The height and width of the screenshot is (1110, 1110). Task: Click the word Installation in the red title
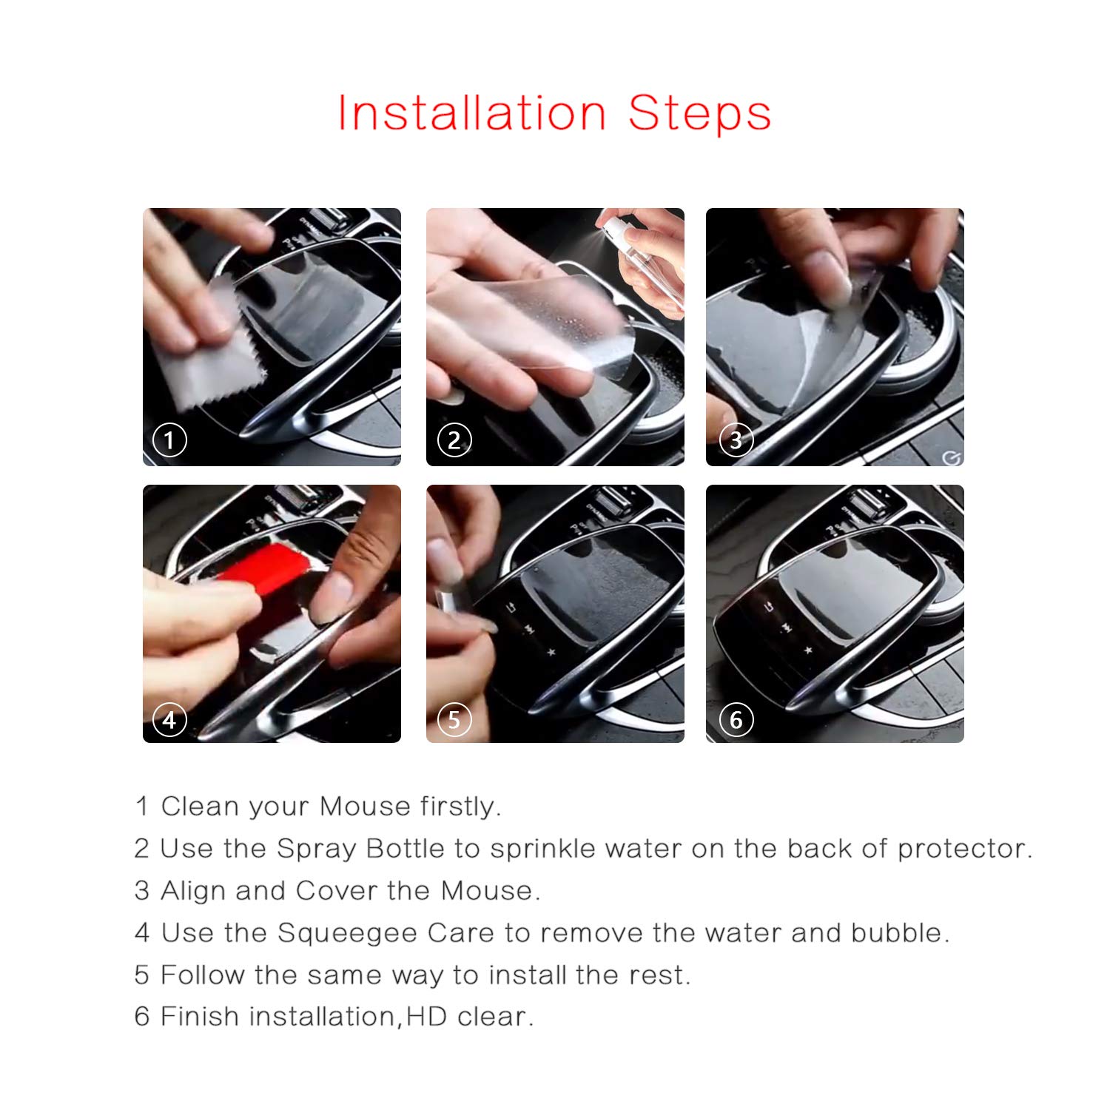coord(472,113)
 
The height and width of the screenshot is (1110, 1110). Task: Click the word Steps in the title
coord(700,115)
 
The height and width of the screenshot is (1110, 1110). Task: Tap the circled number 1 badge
coord(169,440)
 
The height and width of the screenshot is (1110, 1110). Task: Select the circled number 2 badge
coord(454,440)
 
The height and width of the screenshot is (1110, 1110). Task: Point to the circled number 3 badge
coord(736,440)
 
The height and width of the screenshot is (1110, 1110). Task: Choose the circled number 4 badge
coord(169,719)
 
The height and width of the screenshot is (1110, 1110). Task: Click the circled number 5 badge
coord(454,719)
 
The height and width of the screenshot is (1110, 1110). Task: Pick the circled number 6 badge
coord(736,719)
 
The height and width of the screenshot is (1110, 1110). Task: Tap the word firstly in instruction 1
coord(460,807)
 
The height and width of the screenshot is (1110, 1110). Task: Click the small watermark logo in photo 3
coord(952,458)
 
